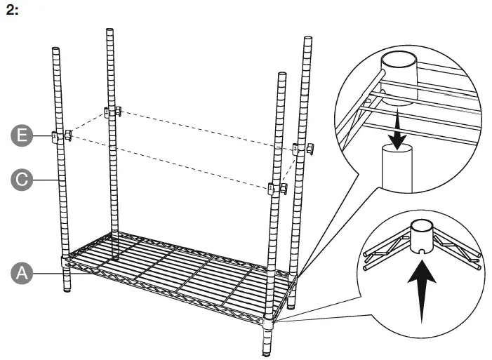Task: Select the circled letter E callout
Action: [23, 135]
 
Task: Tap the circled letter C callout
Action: [23, 180]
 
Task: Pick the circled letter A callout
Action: [23, 272]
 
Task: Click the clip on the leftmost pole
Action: [62, 135]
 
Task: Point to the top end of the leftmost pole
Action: [56, 49]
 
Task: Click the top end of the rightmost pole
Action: [307, 39]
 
